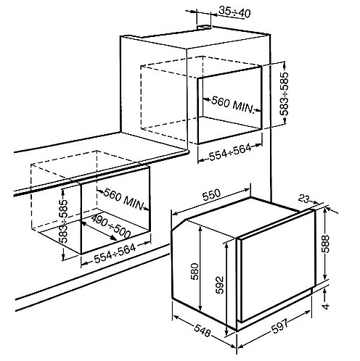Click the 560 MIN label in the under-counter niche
[x=123, y=198]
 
